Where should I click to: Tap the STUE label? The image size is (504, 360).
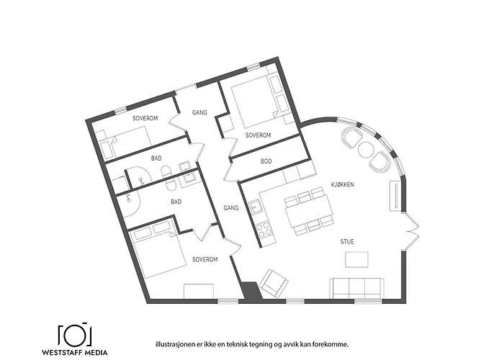pos(347,242)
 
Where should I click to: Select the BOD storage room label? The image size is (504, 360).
pos(266,161)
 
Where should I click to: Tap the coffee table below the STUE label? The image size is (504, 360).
pos(358,259)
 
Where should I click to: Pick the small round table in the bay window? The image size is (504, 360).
pos(366,150)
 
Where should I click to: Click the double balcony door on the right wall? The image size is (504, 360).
pos(411,231)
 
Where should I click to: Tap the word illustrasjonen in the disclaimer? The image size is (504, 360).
pos(166,343)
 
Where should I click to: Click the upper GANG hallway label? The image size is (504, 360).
pos(199,113)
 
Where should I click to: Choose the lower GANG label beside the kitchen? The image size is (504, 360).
pos(230,207)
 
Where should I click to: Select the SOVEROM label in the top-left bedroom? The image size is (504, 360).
pos(145,117)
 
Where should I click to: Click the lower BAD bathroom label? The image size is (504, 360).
pos(176,202)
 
